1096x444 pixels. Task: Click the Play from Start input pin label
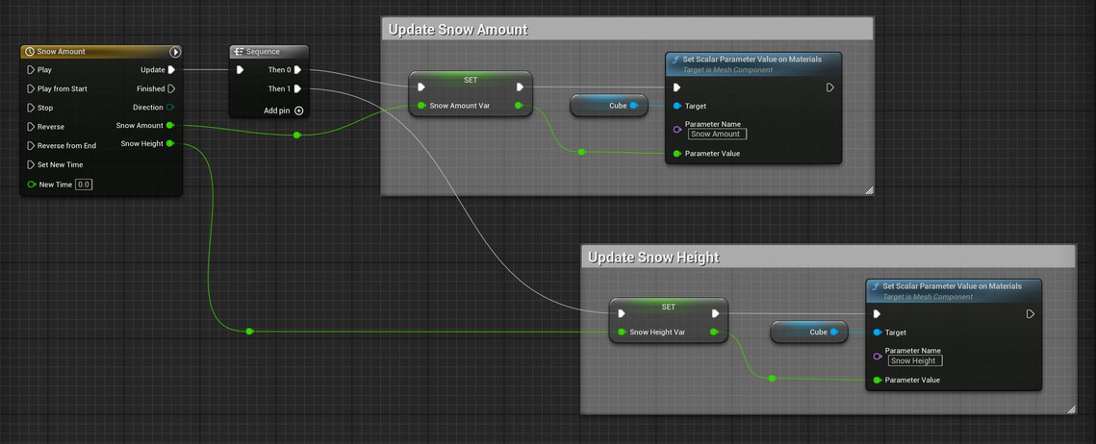(x=63, y=88)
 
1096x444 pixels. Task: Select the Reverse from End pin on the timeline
(x=31, y=146)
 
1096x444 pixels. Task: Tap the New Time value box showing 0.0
(x=84, y=185)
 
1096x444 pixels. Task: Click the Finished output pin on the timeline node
(x=171, y=88)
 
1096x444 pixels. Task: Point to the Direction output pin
(x=171, y=108)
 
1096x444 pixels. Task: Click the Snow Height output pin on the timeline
(x=170, y=144)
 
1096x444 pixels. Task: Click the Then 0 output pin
(x=297, y=70)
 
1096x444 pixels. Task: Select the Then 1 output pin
(x=297, y=88)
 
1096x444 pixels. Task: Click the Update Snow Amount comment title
(x=458, y=30)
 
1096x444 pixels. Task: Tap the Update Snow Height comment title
(x=653, y=258)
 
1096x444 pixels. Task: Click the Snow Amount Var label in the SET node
(x=460, y=106)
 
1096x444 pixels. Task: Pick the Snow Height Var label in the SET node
(x=657, y=333)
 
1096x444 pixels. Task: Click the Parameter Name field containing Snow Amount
(x=717, y=134)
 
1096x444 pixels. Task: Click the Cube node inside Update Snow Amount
(x=609, y=106)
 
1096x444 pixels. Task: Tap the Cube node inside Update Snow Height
(x=808, y=333)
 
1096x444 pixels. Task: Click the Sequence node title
(x=263, y=52)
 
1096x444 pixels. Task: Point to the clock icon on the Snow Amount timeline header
(x=30, y=52)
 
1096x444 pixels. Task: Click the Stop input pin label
(x=44, y=108)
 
